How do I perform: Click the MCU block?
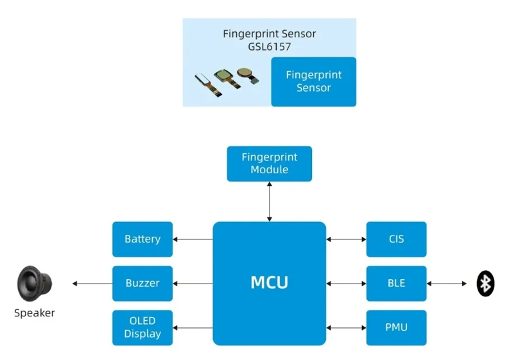coord(269,283)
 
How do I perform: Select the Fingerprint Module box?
coord(269,164)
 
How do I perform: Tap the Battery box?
coord(142,239)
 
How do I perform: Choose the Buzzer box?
coord(142,283)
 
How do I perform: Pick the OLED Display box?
coord(142,327)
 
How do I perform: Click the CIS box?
coord(396,239)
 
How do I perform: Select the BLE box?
coord(396,283)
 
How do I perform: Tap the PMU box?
coord(396,327)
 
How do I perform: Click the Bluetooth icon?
coord(485,284)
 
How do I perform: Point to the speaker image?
coord(35,283)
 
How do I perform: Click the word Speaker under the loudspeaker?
coord(35,313)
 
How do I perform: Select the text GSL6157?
coord(269,46)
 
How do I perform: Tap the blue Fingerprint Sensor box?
coord(313,81)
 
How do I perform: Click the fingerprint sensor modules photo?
coord(228,81)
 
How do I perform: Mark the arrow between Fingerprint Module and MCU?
coord(270,201)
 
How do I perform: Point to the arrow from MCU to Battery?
coord(193,240)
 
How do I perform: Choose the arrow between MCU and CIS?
coord(346,240)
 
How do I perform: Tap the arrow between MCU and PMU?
coord(346,327)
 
